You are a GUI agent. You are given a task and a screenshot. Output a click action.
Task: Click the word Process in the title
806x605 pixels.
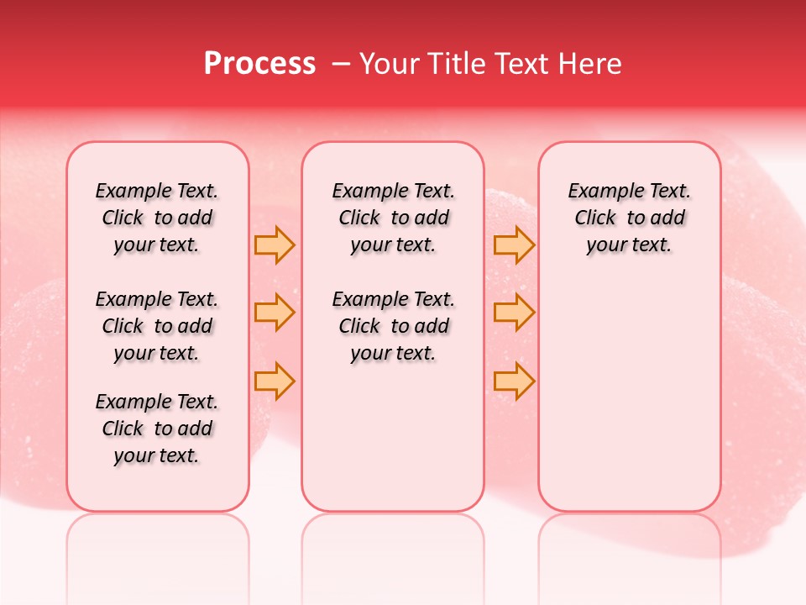coord(259,64)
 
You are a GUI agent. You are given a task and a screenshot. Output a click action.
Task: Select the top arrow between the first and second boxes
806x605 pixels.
coord(275,245)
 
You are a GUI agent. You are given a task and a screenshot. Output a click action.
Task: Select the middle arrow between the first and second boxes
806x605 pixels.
coord(275,313)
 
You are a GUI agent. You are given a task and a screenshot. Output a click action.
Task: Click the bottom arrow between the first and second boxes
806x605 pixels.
coord(275,381)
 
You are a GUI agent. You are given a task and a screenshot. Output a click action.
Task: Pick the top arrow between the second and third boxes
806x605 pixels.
coord(514,245)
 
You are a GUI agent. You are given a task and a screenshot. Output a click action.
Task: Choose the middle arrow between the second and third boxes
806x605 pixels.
coord(514,313)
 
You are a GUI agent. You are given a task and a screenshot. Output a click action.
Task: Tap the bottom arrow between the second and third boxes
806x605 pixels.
coord(514,381)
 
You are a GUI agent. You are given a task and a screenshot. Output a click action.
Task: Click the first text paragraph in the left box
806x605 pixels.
coord(157,218)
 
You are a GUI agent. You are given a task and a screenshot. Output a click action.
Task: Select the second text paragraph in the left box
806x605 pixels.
coord(157,326)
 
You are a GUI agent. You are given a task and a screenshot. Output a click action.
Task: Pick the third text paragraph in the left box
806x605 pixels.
coord(157,429)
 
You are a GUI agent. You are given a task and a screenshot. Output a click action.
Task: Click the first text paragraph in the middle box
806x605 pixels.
coord(394,218)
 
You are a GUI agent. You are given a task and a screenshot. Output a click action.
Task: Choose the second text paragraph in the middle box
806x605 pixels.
coord(394,326)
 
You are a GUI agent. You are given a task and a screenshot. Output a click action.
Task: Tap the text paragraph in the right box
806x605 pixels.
coord(630,218)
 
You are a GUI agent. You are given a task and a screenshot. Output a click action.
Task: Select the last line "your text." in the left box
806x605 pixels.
coord(157,455)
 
